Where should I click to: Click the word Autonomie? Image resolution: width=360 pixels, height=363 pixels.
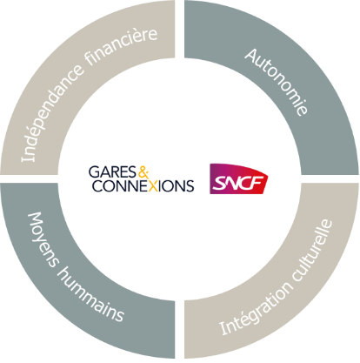tap(276, 82)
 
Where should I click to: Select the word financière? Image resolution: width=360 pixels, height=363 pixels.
tap(121, 45)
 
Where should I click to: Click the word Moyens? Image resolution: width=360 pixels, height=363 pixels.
tap(43, 239)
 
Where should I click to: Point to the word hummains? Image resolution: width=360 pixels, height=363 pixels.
tap(90, 295)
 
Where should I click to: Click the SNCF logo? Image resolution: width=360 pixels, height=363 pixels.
tap(238, 178)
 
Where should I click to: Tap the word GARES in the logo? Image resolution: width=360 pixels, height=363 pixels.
tap(112, 171)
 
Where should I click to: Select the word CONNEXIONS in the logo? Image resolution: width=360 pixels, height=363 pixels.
tap(143, 186)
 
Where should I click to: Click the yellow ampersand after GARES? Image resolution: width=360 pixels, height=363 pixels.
tap(143, 171)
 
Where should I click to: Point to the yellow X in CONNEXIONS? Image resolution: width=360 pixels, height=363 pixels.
tap(154, 186)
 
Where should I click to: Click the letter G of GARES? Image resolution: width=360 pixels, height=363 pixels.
tap(94, 171)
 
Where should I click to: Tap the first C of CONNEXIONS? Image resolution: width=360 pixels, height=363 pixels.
tap(97, 186)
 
